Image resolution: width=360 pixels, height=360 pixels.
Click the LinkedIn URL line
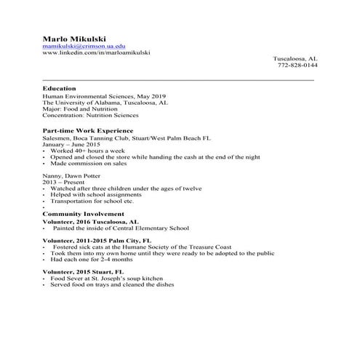click(96, 53)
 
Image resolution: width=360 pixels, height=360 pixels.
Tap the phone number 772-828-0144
click(297, 65)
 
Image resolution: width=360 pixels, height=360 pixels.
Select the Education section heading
click(59, 88)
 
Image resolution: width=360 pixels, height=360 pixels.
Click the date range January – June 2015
click(71, 143)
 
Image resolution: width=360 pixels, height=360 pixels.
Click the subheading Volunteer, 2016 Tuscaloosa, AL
click(90, 221)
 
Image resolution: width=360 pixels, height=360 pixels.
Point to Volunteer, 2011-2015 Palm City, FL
click(97, 239)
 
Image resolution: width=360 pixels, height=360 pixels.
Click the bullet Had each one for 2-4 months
click(93, 259)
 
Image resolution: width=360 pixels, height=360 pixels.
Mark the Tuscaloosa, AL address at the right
click(295, 58)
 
